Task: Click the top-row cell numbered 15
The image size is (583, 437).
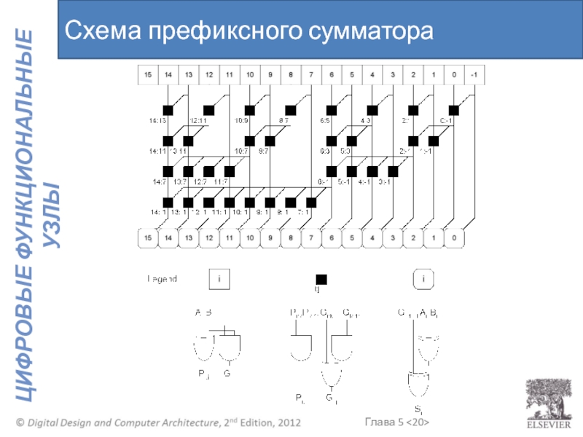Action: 148,74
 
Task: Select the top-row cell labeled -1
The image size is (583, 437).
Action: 474,74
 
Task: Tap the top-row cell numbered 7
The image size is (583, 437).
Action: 311,74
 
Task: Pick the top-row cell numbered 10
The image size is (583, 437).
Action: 250,74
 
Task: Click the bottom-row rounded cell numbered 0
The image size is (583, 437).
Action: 453,237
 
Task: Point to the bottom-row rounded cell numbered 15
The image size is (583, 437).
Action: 148,237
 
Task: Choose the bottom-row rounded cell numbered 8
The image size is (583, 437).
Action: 291,237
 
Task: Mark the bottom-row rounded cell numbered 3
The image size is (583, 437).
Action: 392,237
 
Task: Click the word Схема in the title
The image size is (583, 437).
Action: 102,31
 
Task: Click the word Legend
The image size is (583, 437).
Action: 162,278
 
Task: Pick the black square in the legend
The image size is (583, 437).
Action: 321,279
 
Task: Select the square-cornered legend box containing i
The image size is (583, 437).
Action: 219,278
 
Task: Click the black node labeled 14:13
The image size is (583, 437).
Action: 168,110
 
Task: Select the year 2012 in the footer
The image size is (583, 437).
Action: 285,423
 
